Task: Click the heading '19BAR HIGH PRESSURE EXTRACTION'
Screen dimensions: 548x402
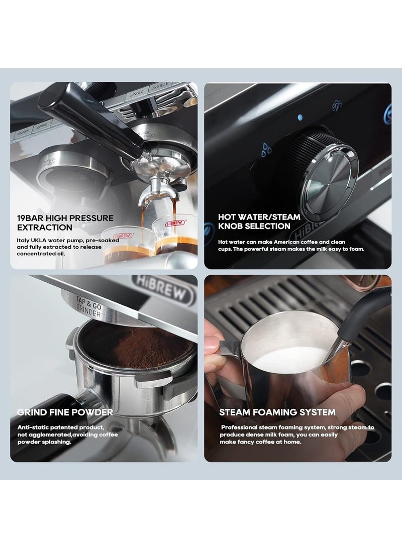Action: pyautogui.click(x=65, y=222)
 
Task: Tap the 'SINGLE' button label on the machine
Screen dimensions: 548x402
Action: pyautogui.click(x=137, y=92)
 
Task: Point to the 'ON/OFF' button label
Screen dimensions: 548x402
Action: pyautogui.click(x=23, y=134)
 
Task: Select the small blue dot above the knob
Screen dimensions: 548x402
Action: pyautogui.click(x=300, y=118)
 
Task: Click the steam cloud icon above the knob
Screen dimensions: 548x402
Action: pyautogui.click(x=337, y=106)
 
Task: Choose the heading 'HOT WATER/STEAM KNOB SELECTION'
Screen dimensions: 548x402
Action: pyautogui.click(x=259, y=222)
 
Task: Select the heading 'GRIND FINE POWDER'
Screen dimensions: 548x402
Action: pyautogui.click(x=65, y=412)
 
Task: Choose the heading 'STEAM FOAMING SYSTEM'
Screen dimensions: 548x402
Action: pyautogui.click(x=277, y=412)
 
